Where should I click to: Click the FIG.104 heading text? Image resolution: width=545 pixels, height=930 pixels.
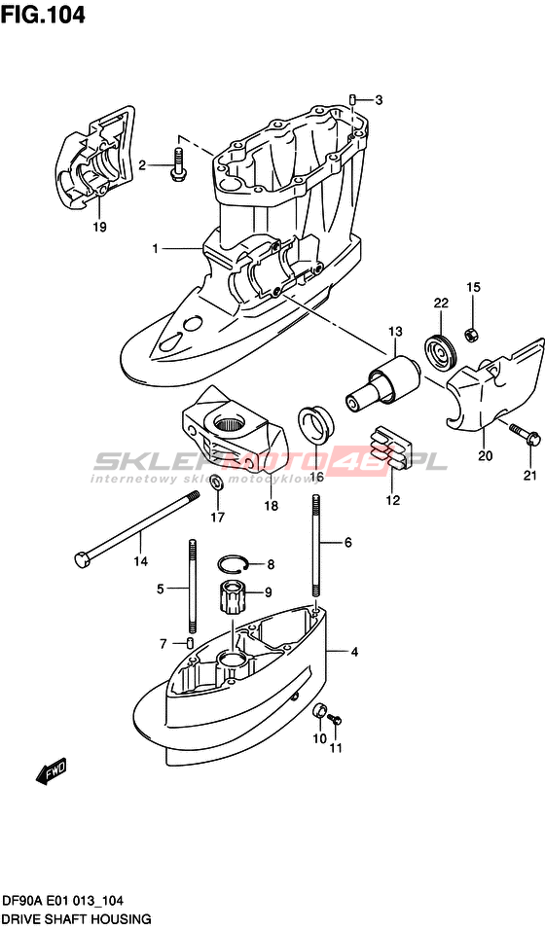pos(43,15)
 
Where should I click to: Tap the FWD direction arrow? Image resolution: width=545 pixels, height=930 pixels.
pos(52,772)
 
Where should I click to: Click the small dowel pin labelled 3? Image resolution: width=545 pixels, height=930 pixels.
pos(351,99)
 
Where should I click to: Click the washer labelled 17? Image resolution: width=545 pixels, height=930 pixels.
pos(217,483)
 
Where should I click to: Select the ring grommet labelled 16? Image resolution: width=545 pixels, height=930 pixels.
pos(314,422)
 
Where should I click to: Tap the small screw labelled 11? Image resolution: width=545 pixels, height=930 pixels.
pos(336,720)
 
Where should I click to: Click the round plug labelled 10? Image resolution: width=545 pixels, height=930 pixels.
pos(319,709)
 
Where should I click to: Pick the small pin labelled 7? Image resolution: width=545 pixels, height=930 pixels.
pos(189,643)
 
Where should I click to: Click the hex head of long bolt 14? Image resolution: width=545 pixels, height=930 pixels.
pos(82,559)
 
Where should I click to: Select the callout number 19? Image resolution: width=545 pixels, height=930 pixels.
pos(99,227)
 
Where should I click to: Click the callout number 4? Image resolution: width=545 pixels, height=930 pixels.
pos(354,653)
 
